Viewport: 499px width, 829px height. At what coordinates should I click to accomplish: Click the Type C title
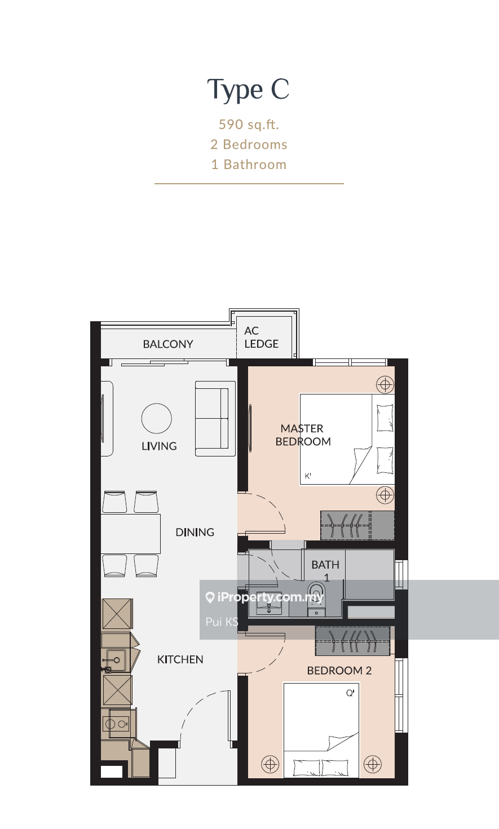[x=248, y=89]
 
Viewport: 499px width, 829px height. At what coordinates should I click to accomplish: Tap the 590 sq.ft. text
[x=249, y=125]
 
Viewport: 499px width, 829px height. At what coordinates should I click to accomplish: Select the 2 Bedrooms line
[x=249, y=144]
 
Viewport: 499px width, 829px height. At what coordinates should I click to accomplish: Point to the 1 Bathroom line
[x=249, y=165]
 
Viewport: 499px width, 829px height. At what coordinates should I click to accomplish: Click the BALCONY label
[x=168, y=344]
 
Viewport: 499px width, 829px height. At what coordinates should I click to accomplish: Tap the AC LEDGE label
[x=262, y=337]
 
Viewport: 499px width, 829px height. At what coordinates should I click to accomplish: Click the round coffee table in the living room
[x=157, y=418]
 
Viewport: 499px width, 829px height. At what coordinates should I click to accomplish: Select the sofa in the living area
[x=215, y=419]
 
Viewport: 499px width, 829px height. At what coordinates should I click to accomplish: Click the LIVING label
[x=159, y=446]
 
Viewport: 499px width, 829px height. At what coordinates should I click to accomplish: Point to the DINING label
[x=195, y=532]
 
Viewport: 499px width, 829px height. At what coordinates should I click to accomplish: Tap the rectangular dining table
[x=131, y=534]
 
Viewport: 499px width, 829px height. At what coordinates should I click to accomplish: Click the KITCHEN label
[x=180, y=659]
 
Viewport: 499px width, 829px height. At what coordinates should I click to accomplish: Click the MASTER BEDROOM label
[x=303, y=435]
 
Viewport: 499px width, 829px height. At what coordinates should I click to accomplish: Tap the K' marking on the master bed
[x=308, y=476]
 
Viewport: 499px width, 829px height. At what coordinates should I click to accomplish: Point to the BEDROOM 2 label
[x=339, y=671]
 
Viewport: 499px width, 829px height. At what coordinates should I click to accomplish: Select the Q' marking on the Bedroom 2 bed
[x=350, y=693]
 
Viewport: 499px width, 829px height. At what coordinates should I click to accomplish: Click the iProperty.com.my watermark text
[x=270, y=597]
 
